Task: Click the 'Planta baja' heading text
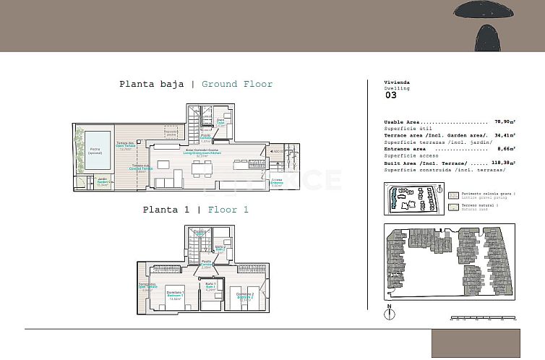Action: [152, 85]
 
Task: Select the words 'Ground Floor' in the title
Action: [237, 85]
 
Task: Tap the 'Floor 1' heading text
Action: [228, 210]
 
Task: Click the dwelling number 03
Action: [390, 95]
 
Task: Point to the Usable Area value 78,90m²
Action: [504, 122]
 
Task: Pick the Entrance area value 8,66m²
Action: [505, 148]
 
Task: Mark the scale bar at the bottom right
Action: [481, 317]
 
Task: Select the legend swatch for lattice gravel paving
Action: [454, 195]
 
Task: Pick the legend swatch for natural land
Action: [454, 207]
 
